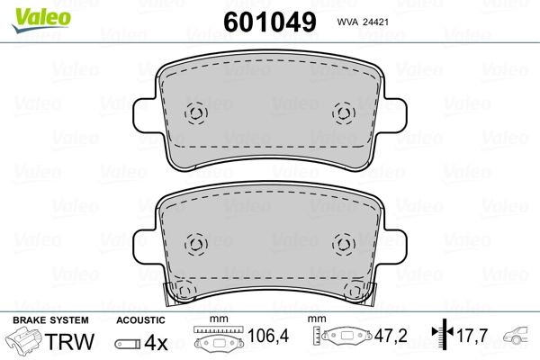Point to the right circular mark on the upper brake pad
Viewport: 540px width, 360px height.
coord(342,112)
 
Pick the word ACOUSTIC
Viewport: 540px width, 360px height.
coord(140,321)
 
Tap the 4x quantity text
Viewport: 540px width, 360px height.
coord(157,343)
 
